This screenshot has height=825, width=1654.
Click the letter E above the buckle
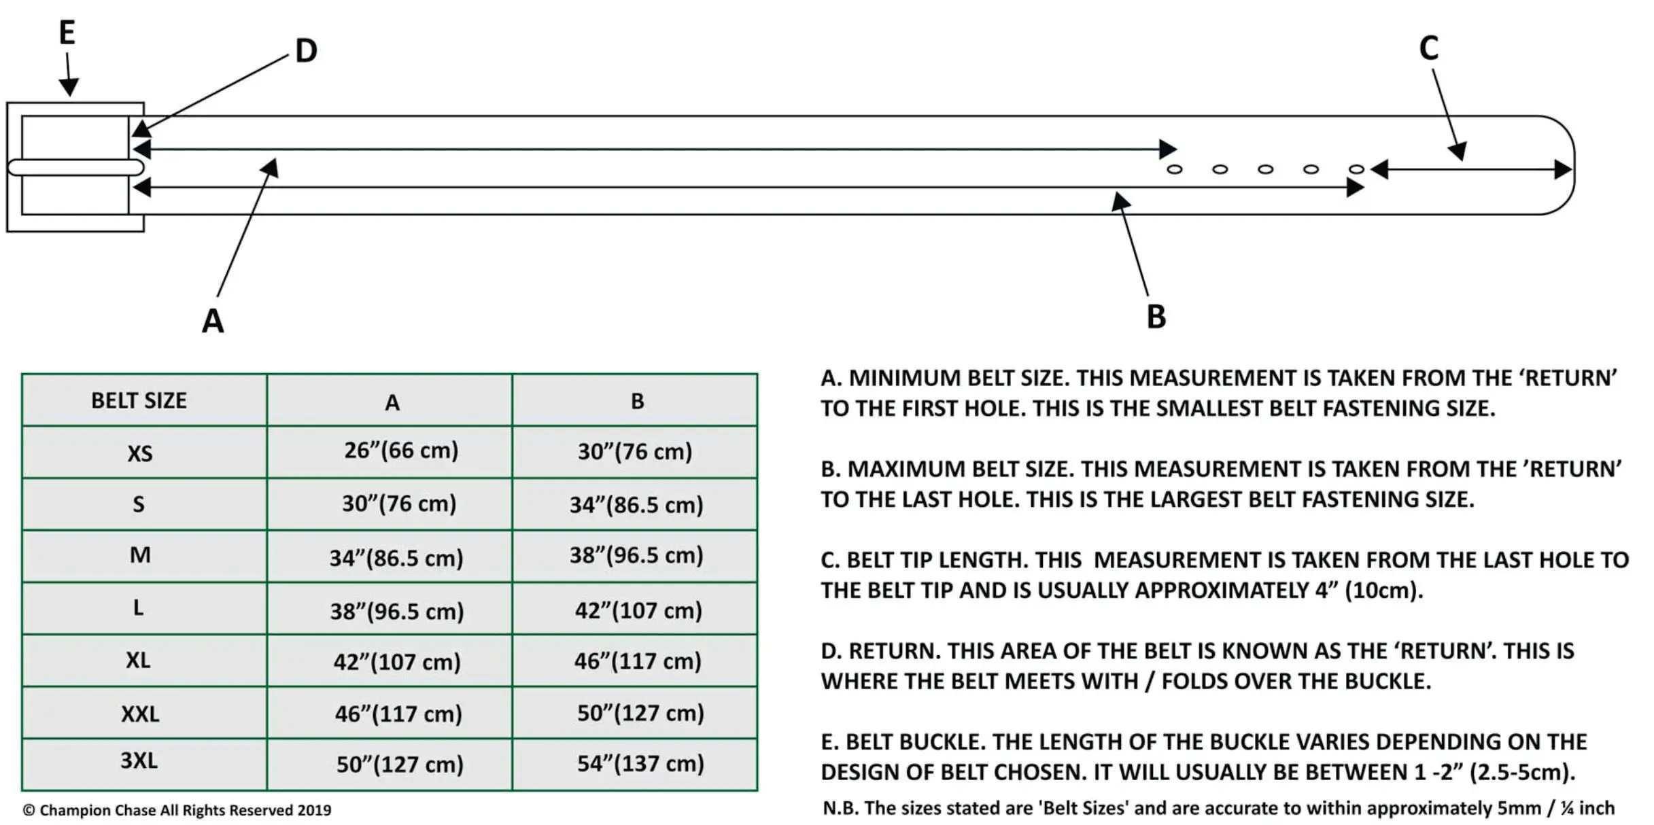67,33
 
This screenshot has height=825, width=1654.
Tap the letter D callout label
306,51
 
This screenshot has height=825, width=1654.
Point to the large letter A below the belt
213,321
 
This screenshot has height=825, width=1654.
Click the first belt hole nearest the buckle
1175,169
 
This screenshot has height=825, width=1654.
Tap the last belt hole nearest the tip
1356,169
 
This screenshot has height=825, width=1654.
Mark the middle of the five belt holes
1265,169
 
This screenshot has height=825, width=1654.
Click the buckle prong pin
75,167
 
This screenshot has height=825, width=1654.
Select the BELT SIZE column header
139,401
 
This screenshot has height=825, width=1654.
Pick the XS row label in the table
140,453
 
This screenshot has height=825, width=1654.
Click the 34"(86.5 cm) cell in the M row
396,558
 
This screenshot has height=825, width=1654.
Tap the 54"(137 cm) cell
640,764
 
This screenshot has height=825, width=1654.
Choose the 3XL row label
139,760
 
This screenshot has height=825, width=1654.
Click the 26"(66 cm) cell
401,451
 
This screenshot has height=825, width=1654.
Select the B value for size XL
638,661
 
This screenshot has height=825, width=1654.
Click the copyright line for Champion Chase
177,810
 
